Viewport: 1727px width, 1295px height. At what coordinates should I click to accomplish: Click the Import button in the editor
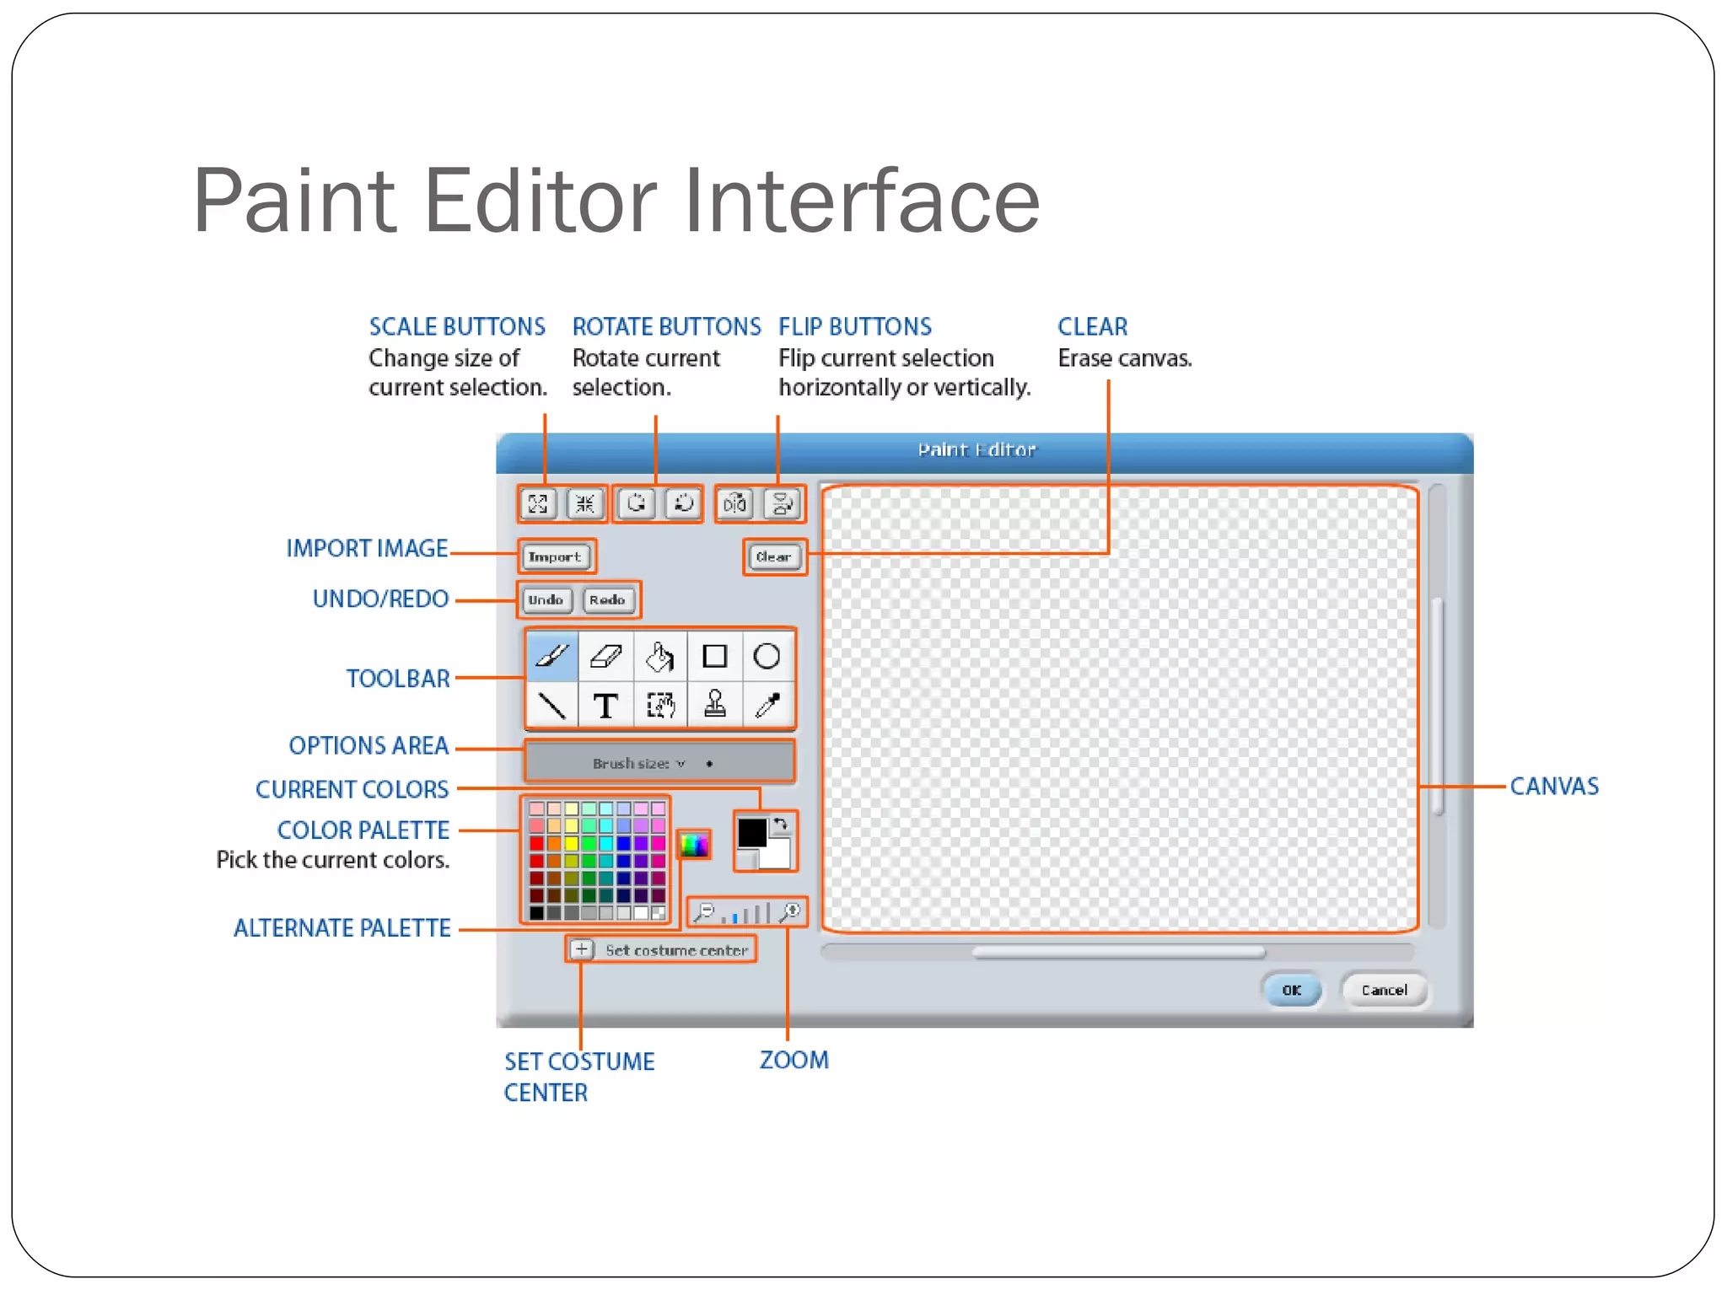coord(555,556)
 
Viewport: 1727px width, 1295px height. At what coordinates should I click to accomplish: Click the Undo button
coord(546,599)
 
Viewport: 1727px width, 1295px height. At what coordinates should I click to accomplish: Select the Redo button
coord(607,599)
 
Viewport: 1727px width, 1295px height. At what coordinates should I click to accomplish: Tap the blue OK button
coord(1291,990)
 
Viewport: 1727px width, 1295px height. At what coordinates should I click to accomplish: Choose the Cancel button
coord(1384,990)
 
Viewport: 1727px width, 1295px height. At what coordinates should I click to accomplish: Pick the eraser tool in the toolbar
coord(605,656)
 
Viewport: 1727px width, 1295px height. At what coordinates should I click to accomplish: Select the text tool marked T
coord(605,705)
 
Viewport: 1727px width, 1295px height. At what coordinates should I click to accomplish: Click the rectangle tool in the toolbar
coord(715,656)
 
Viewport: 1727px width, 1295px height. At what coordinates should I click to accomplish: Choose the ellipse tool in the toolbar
coord(767,656)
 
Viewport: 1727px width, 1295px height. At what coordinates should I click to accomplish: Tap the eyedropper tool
coord(767,705)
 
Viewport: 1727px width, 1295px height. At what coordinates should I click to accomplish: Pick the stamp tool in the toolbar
coord(715,705)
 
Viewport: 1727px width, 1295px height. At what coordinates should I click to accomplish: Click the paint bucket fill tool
coord(660,656)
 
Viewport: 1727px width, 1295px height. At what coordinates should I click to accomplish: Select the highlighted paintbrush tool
coord(552,656)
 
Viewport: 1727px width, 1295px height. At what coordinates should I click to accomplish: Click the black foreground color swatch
coord(751,833)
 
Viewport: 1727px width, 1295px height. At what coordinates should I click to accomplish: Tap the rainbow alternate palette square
coord(694,844)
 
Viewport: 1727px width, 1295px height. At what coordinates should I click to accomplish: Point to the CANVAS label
coord(1553,787)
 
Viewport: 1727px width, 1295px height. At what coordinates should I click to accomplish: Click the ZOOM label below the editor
coord(794,1060)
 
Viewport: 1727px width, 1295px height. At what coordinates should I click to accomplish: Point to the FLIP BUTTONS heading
coord(854,326)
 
